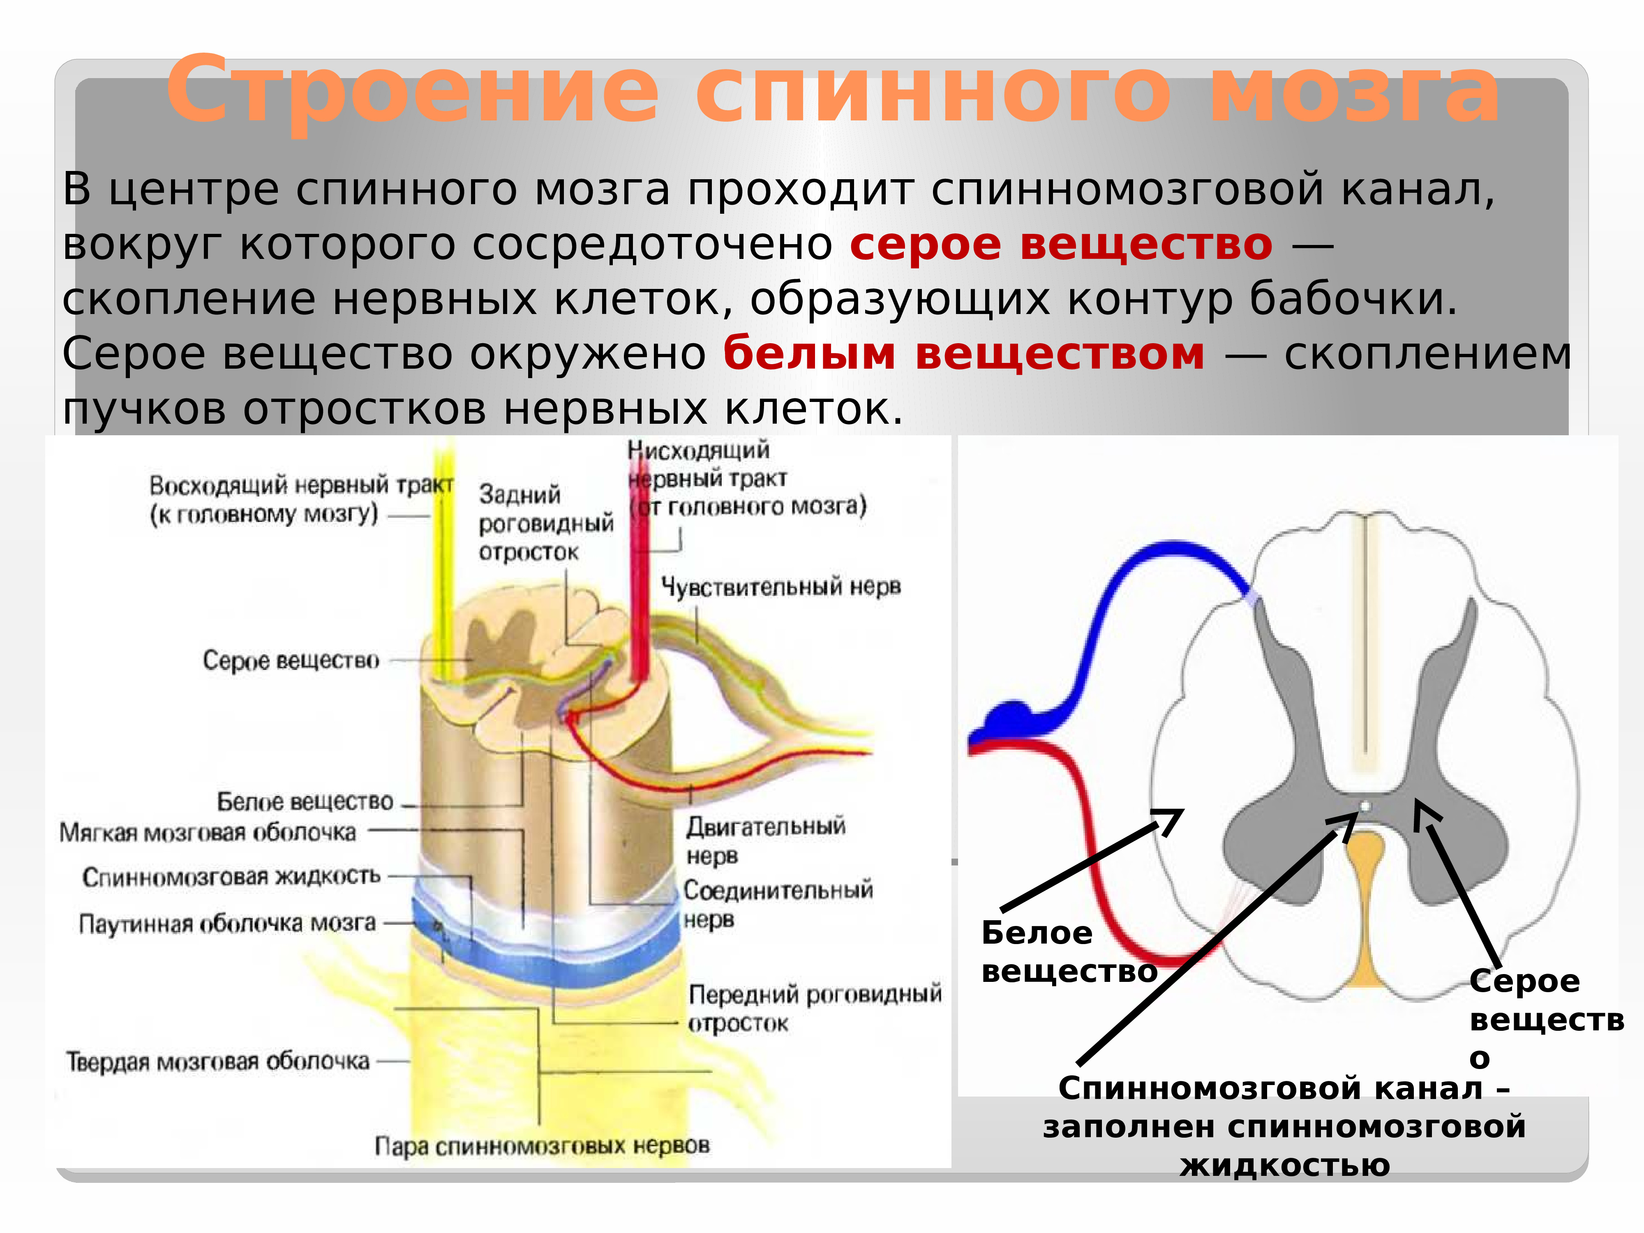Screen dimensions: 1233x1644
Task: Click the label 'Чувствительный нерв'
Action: coord(780,587)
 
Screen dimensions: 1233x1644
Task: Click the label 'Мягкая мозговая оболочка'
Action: coord(208,832)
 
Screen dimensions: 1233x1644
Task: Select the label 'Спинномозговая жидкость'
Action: coord(231,877)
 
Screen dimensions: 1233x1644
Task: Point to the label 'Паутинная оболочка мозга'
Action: coord(227,924)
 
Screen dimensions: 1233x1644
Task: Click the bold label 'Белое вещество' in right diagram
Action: coord(1068,952)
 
